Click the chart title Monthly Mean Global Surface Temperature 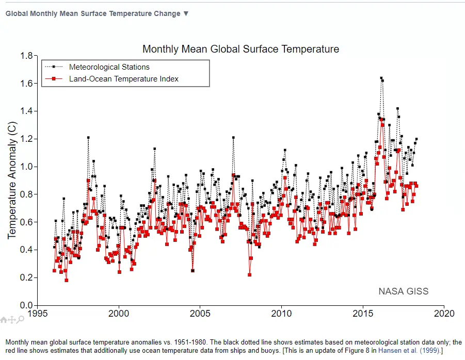[240, 50]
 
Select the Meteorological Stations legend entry [109, 67]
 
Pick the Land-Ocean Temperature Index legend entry [124, 79]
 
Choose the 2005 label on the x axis [200, 314]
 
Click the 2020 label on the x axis [443, 314]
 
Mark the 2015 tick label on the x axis [362, 314]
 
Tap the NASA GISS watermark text [403, 291]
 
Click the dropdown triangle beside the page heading [186, 13]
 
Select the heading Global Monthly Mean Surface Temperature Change [93, 13]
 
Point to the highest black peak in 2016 [381, 78]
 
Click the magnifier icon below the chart [21, 320]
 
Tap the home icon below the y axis [4, 320]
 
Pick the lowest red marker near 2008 [249, 274]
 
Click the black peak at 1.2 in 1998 [88, 138]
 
